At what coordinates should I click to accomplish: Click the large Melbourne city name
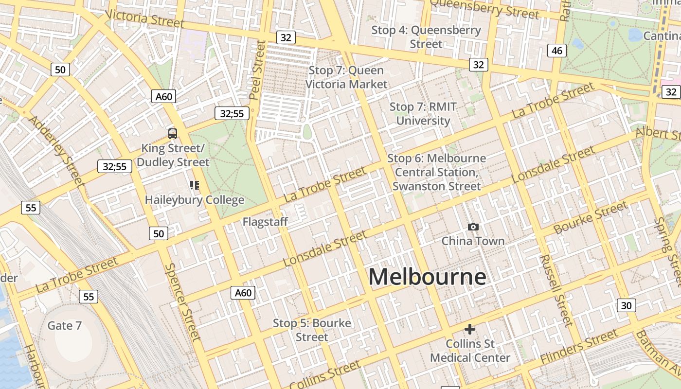click(x=427, y=277)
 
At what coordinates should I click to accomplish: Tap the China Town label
click(x=473, y=241)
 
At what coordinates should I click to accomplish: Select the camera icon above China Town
click(x=473, y=227)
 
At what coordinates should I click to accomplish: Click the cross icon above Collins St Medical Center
click(x=469, y=329)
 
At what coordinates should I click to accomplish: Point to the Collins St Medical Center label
click(x=470, y=351)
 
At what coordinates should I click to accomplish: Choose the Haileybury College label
click(x=195, y=200)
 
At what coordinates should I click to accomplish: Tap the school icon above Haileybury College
click(x=195, y=185)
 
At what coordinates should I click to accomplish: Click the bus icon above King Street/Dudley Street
click(x=172, y=133)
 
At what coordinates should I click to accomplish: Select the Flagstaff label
click(x=265, y=222)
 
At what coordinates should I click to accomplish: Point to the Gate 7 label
click(x=64, y=325)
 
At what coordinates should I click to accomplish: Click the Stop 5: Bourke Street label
click(x=312, y=330)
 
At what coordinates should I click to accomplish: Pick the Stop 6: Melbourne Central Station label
click(x=436, y=172)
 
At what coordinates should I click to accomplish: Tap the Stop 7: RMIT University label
click(x=423, y=113)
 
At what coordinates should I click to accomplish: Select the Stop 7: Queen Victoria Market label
click(x=346, y=77)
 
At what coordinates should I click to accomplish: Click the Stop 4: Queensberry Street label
click(x=426, y=36)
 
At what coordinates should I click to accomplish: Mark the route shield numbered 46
click(x=557, y=50)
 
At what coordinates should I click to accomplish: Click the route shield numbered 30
click(x=627, y=305)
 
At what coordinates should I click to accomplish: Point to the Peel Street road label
click(x=256, y=70)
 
